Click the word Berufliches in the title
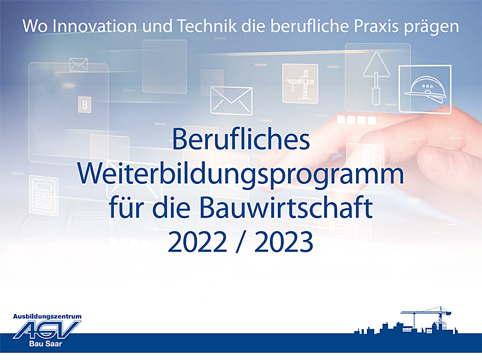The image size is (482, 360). coord(241,139)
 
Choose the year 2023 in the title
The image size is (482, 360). coord(284,242)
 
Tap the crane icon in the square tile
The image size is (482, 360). coord(299,83)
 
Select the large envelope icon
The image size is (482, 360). coord(231,99)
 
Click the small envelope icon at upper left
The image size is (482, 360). coord(78,65)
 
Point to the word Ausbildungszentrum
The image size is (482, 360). coord(47,316)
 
